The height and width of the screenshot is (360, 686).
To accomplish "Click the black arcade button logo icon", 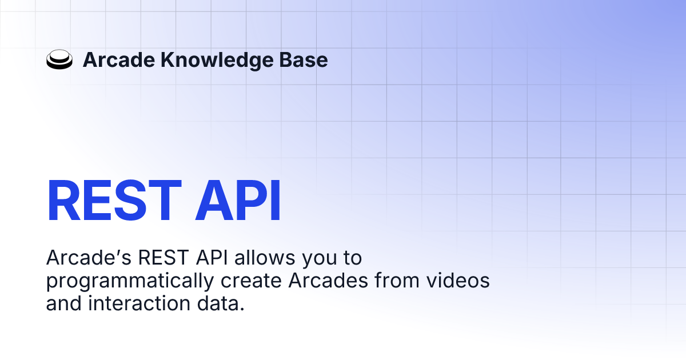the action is point(59,59).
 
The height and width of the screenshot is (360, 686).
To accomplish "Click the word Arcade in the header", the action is point(119,59).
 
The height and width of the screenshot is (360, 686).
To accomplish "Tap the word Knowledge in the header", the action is point(217,61).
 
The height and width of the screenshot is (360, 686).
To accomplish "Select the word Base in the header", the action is point(303,59).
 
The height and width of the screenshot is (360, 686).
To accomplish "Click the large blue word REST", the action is point(114,201).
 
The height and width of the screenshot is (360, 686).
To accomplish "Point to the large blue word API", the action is point(238,201).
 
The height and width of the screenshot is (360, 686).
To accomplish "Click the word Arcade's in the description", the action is point(89,258).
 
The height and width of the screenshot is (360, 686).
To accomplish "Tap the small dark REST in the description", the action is point(163,258).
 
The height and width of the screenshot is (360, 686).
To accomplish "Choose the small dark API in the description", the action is point(212,258).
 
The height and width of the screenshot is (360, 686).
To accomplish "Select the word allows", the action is point(265,258).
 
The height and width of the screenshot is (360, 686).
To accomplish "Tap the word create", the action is point(251,281).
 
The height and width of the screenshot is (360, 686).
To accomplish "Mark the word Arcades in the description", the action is point(328,281).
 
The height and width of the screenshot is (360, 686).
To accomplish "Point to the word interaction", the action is point(139,303).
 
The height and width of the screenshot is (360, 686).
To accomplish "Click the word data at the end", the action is point(221,303).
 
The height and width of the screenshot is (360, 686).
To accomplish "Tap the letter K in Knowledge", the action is point(167,59).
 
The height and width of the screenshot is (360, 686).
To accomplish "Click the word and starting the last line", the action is point(63,303).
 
